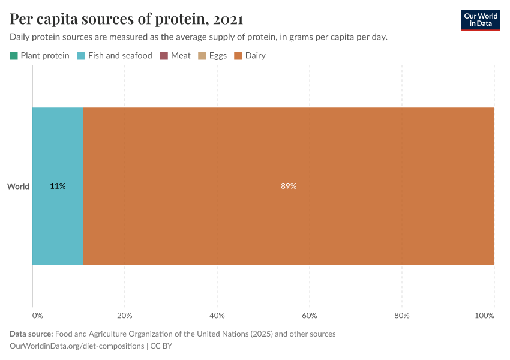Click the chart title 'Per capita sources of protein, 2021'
[x=126, y=19]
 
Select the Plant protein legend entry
[x=40, y=56]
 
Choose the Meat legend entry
[x=175, y=56]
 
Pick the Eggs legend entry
[x=212, y=56]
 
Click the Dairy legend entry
[x=250, y=56]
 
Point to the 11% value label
[x=58, y=187]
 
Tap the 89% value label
[x=289, y=187]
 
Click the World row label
[x=18, y=187]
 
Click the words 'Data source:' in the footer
[x=31, y=334]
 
